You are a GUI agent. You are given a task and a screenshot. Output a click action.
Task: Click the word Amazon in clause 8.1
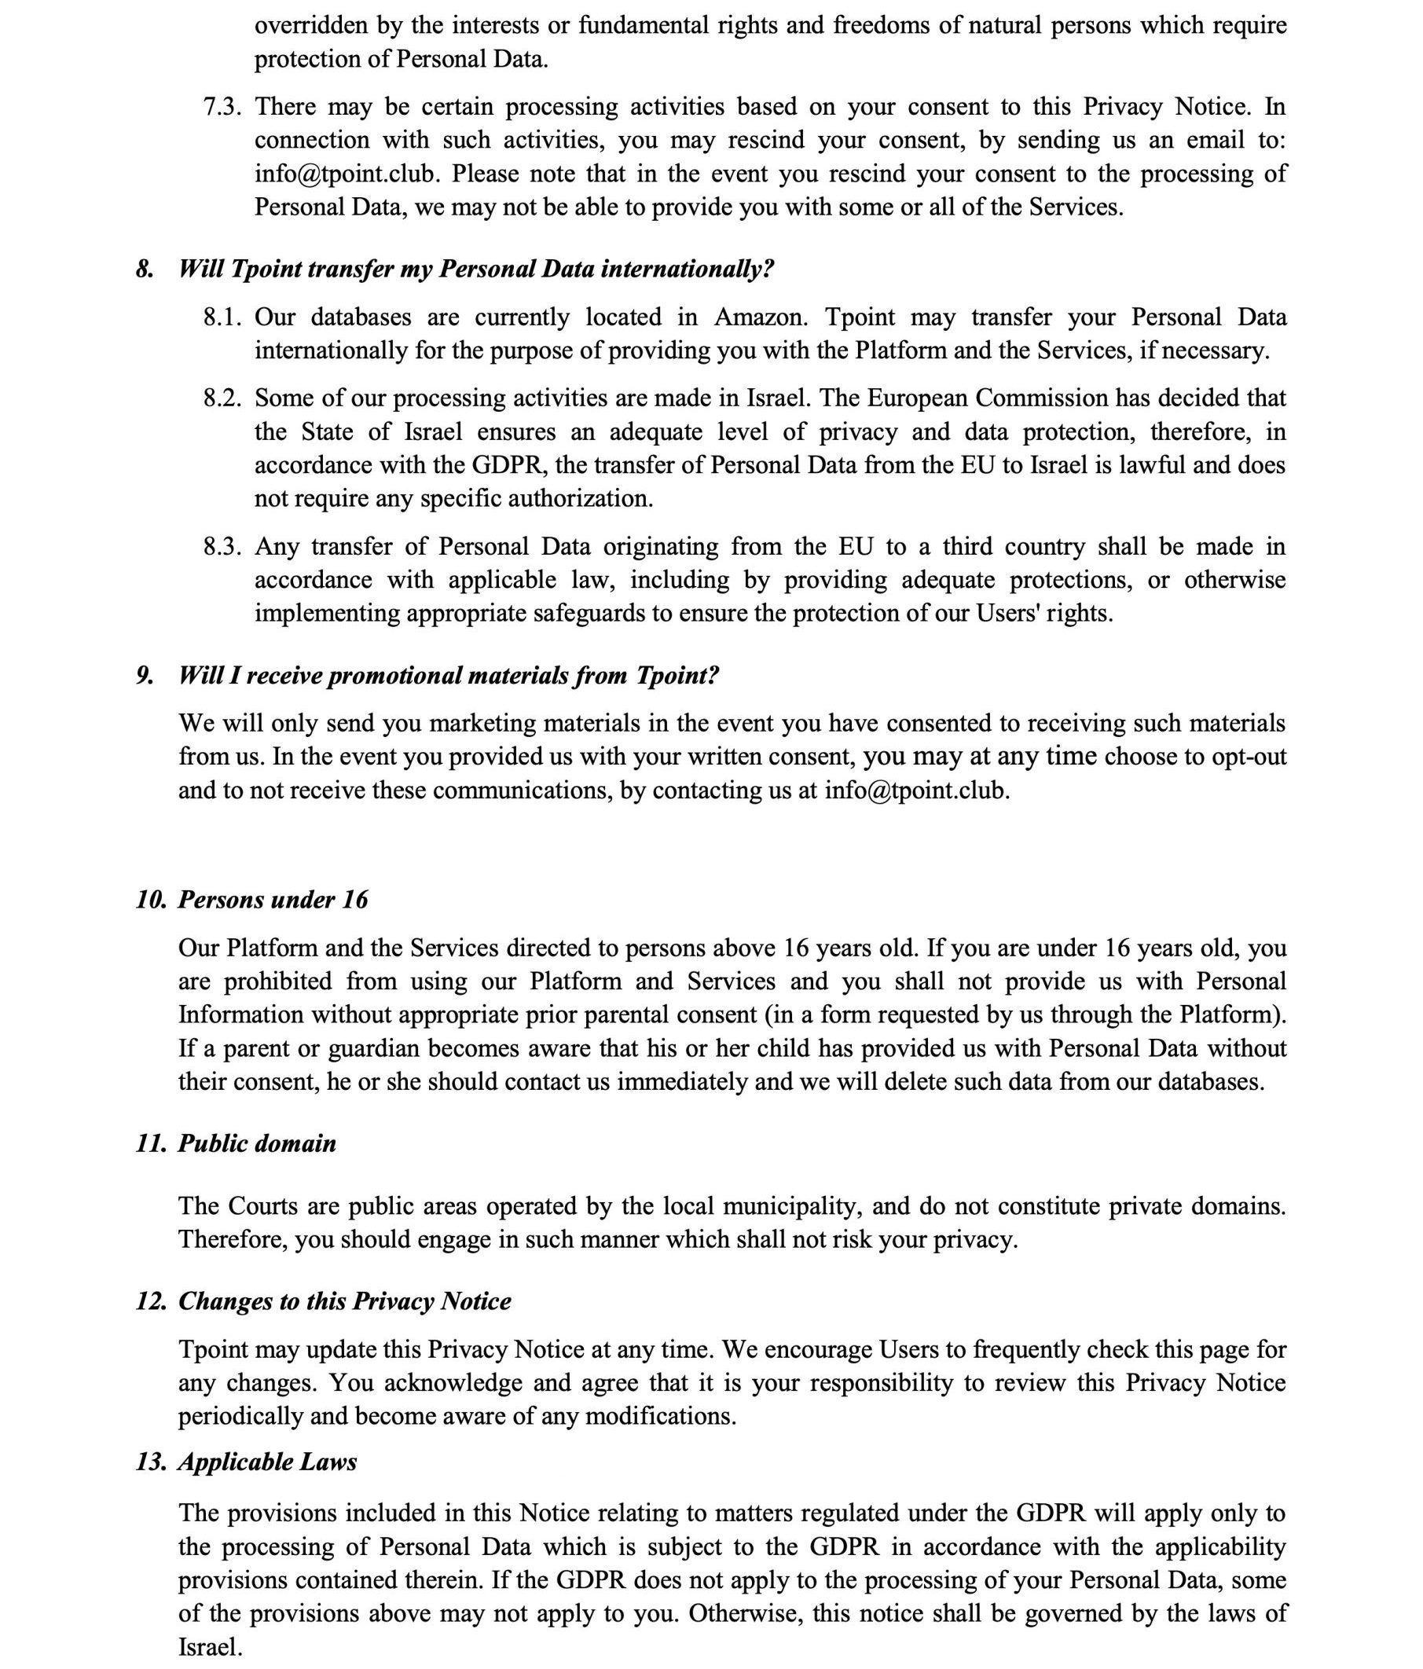tap(759, 317)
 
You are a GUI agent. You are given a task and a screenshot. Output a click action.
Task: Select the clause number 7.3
tap(222, 106)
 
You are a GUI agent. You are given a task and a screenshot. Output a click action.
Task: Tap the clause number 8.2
tap(222, 398)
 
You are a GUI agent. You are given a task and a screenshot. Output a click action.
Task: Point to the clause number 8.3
tap(222, 546)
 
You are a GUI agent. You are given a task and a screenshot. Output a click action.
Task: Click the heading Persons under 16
tap(272, 899)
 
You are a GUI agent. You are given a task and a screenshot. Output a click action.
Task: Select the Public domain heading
tap(257, 1143)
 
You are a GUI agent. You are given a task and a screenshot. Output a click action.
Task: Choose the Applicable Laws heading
tap(267, 1462)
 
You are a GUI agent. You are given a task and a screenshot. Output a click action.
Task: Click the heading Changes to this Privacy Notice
tap(344, 1301)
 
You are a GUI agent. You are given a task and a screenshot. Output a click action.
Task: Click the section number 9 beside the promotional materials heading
tap(144, 675)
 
